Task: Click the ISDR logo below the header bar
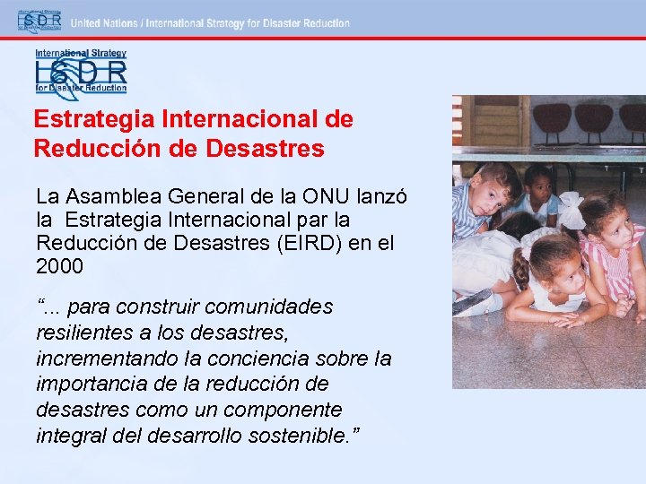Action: click(81, 72)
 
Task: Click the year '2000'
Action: click(59, 266)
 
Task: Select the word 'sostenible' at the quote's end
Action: click(301, 436)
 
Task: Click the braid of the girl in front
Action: click(521, 268)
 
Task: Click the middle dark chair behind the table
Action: click(592, 117)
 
